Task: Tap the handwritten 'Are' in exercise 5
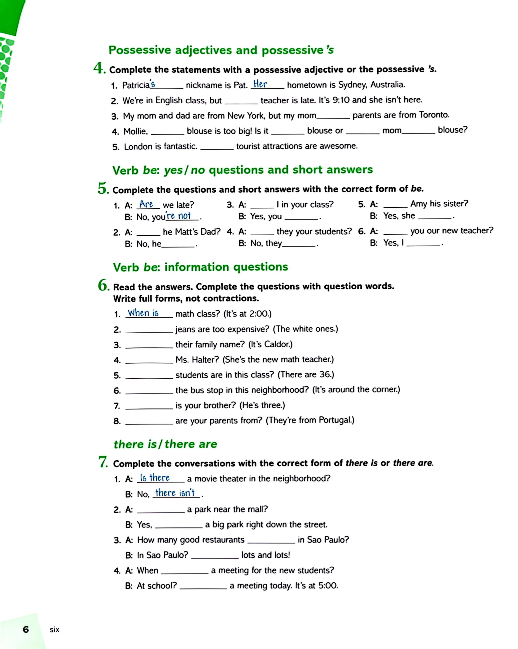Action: click(x=146, y=204)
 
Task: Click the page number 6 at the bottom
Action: click(x=26, y=630)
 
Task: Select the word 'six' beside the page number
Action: click(x=55, y=630)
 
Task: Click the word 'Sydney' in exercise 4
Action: click(x=352, y=85)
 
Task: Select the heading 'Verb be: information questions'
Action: click(x=200, y=267)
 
